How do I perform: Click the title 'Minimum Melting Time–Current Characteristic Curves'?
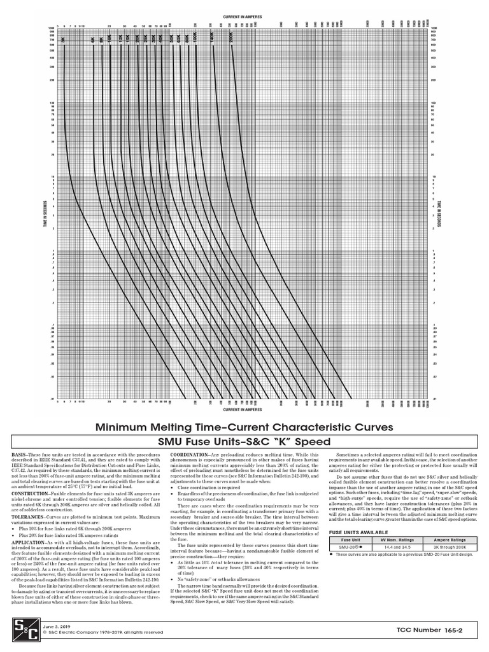[244, 427]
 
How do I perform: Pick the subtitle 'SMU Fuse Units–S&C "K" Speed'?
[244, 442]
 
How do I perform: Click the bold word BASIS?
[20, 455]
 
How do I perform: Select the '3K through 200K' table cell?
[450, 546]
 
